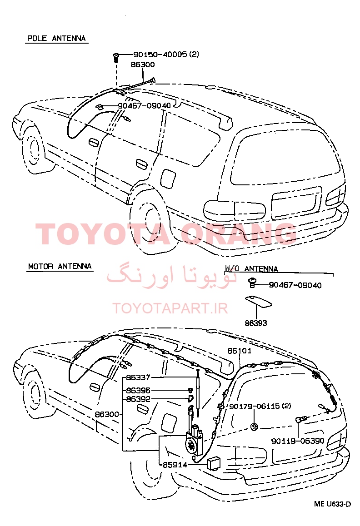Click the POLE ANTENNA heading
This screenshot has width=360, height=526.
click(56, 38)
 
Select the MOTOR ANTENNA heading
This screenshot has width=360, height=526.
click(60, 266)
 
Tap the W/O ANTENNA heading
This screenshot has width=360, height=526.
click(251, 269)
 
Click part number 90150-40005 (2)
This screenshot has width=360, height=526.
click(166, 55)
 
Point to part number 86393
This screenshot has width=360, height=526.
click(256, 323)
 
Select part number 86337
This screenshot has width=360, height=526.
click(138, 377)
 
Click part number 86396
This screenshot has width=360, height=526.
click(138, 391)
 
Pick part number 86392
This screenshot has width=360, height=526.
click(138, 399)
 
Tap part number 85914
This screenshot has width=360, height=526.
click(175, 465)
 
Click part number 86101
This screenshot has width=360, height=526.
click(240, 351)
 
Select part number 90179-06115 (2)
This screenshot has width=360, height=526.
click(260, 406)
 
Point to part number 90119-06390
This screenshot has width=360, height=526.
click(298, 441)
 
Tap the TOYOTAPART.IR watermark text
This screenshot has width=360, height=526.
click(170, 308)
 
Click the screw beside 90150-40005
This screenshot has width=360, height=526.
click(116, 57)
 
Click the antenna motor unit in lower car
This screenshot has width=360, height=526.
click(194, 439)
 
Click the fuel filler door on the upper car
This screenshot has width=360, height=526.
click(168, 178)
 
